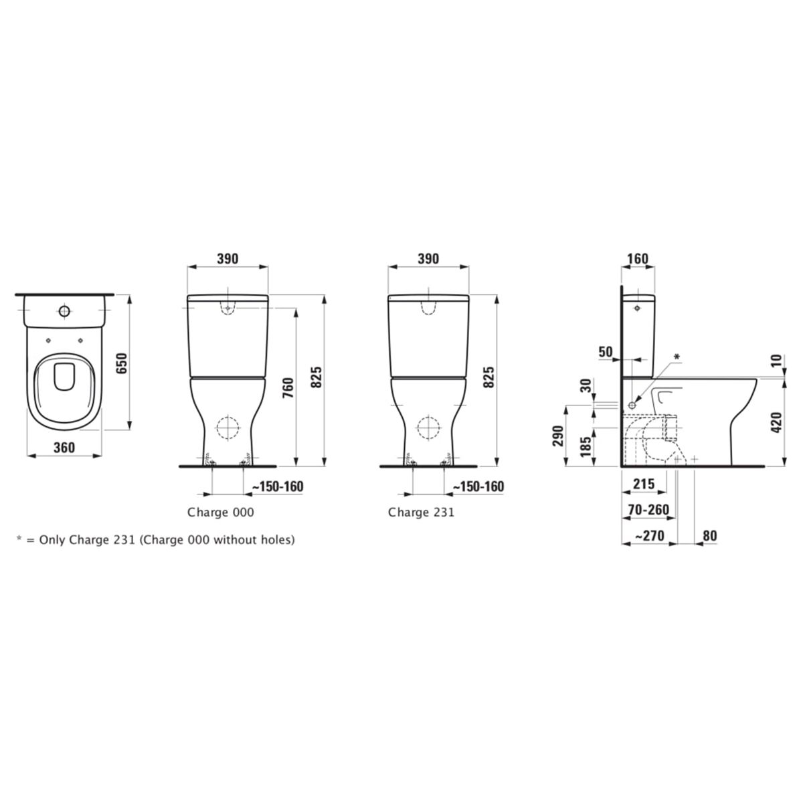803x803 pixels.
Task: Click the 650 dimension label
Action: [121, 363]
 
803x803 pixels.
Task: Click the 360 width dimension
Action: [64, 448]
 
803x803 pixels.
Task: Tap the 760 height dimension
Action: [288, 387]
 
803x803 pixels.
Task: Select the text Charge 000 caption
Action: [220, 512]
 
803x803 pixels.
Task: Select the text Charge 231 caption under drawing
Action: [421, 512]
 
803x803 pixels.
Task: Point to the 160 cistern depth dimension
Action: [638, 259]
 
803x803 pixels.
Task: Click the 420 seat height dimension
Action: [776, 422]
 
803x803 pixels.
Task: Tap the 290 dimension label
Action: [558, 436]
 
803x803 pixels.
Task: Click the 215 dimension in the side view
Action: [644, 484]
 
